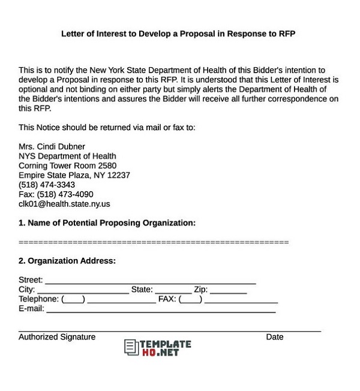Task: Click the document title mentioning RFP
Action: pos(178,34)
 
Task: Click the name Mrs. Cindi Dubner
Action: pos(52,147)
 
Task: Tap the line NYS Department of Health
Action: pos(67,157)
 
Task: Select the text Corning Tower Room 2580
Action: pos(67,166)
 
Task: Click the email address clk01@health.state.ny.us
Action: pos(64,204)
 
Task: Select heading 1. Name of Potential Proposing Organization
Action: pos(107,223)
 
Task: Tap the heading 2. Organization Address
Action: pos(67,261)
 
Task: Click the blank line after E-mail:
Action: pos(161,310)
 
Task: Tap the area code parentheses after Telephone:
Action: pos(73,300)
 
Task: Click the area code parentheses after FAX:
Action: pos(191,300)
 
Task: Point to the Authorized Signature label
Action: pos(57,337)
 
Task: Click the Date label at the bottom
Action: pos(275,337)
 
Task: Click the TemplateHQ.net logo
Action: pos(158,348)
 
